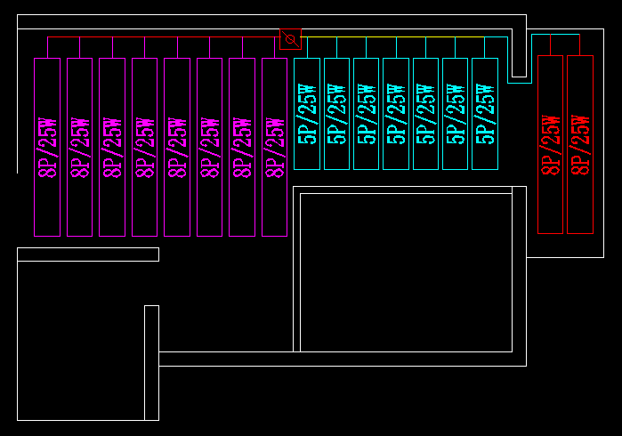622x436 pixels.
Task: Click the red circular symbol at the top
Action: tap(290, 39)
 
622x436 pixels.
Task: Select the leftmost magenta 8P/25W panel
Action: tap(47, 147)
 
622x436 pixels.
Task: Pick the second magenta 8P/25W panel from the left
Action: tap(80, 147)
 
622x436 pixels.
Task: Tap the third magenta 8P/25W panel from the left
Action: tap(112, 147)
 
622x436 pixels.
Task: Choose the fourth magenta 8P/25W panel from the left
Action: tap(145, 147)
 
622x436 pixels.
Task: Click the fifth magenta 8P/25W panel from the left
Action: tap(177, 147)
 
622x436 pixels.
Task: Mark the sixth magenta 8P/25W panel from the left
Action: tap(210, 147)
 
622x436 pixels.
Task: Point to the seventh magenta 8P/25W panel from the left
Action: tap(242, 147)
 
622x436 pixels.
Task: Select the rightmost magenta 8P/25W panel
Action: tap(275, 147)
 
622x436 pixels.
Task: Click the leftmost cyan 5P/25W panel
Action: tap(307, 113)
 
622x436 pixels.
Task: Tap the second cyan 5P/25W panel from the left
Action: tap(337, 113)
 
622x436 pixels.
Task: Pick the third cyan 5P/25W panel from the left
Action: tap(367, 113)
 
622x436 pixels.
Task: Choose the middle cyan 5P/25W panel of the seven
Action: tap(396, 113)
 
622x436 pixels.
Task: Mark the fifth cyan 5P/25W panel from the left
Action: tap(426, 113)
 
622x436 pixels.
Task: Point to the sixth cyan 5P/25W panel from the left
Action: tap(456, 113)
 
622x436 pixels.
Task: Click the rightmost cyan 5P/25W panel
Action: tap(485, 113)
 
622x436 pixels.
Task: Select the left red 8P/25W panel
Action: tap(551, 144)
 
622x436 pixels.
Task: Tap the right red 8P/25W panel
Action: tap(580, 144)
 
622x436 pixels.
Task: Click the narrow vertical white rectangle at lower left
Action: tap(151, 362)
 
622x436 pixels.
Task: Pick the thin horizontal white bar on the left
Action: tap(88, 254)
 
